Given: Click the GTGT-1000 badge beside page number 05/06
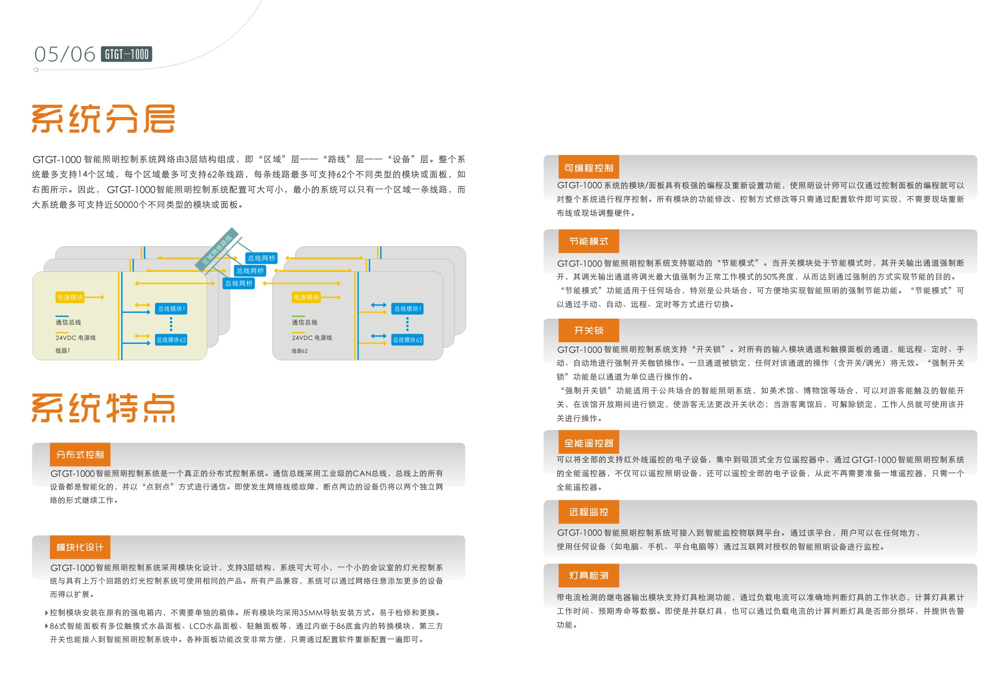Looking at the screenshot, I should coord(126,54).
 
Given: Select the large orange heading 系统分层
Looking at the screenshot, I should coord(103,118).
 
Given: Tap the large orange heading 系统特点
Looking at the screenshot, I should coord(103,408).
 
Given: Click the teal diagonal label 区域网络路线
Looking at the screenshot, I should coord(217,250).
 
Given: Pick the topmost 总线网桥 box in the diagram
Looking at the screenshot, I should coord(261,258).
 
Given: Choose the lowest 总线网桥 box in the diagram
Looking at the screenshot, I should coord(239,283).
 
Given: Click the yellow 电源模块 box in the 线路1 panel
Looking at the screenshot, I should coord(70,297).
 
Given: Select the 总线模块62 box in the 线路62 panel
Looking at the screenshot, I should coord(407,340).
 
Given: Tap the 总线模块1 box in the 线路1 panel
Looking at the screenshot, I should coord(172,308).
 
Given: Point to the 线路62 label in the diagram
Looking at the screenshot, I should coord(299,350).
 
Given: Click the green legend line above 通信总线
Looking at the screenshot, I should coord(298,316).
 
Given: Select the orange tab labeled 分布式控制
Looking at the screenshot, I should coord(80,454).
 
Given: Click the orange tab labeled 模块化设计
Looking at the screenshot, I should coord(80,547).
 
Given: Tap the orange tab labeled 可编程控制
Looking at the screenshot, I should coord(589,167).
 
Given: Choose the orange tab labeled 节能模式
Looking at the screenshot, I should coord(589,241).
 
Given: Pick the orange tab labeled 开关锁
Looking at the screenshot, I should coord(589,330).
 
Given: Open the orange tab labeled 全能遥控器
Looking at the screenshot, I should coord(589,443).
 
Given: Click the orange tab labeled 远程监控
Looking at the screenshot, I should coord(589,512).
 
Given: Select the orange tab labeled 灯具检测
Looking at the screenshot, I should coord(589,575).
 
